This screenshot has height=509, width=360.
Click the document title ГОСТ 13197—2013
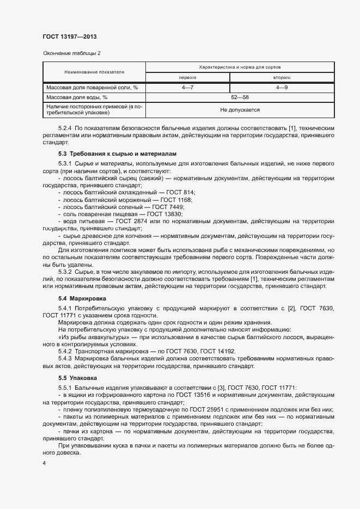69,36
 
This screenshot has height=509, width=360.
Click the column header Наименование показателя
94,72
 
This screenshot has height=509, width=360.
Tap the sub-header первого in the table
187,77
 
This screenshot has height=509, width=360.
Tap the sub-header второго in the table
282,77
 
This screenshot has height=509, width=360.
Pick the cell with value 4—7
187,87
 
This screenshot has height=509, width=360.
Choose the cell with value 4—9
282,87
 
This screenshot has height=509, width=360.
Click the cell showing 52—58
240,97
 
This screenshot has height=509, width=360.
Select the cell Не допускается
240,109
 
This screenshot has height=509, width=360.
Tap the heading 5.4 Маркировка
82,299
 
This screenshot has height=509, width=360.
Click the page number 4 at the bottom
44,463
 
